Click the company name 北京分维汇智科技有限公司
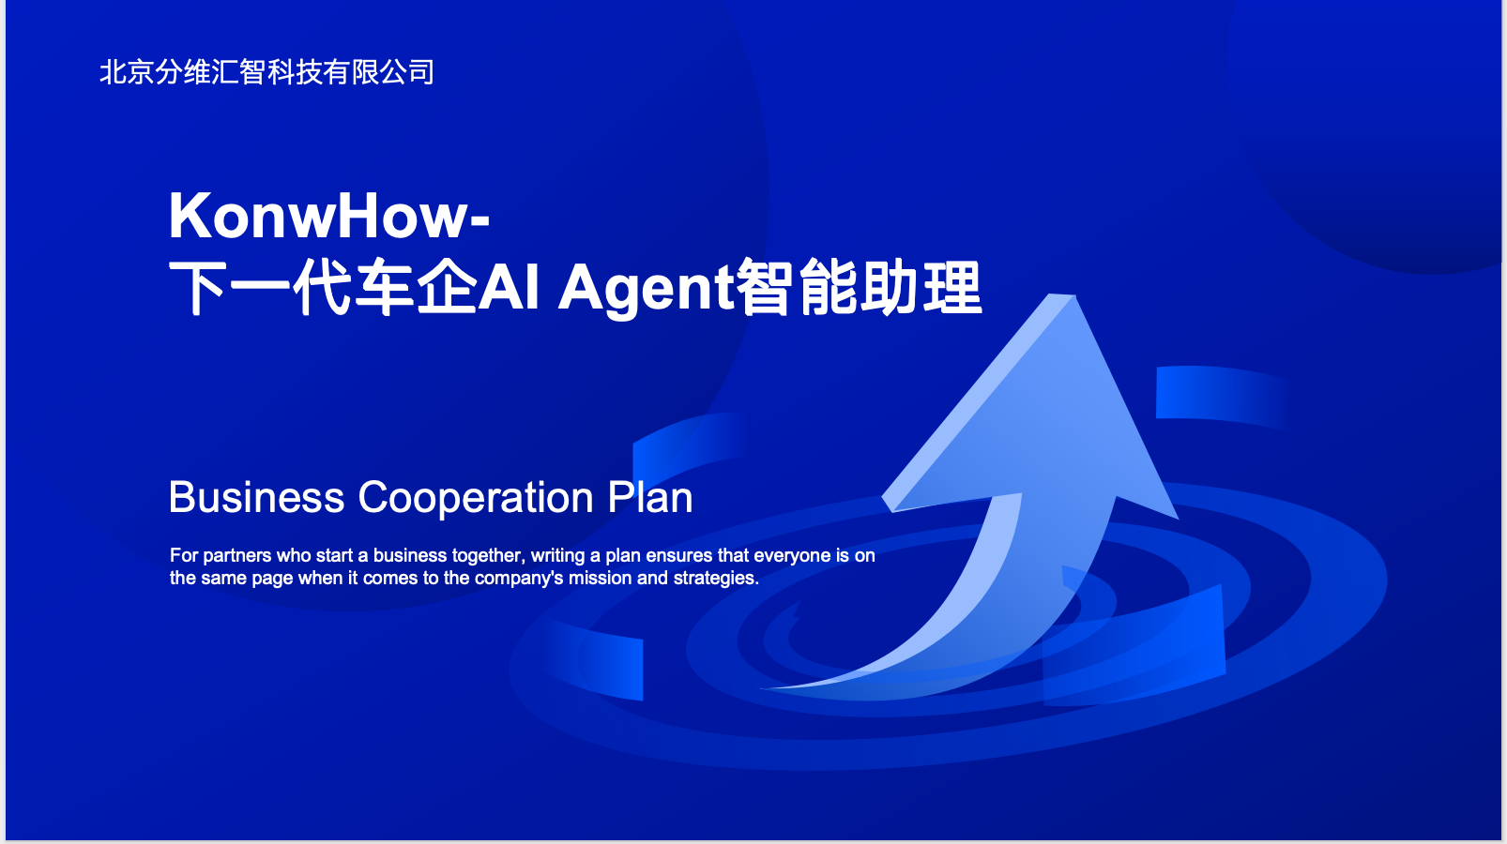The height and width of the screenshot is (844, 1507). (x=266, y=72)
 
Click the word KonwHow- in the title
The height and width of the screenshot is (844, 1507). (x=329, y=216)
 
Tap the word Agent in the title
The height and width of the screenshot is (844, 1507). (x=647, y=288)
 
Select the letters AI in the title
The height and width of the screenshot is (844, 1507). (x=509, y=288)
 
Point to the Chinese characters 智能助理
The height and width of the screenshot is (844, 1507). (x=860, y=287)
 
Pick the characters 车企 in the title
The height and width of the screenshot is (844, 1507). (x=416, y=287)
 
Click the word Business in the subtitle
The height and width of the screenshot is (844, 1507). (x=256, y=498)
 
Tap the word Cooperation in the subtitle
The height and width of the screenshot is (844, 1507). (x=476, y=499)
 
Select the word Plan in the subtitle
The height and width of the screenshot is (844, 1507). (x=650, y=498)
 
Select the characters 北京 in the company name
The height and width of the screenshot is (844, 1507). (x=127, y=72)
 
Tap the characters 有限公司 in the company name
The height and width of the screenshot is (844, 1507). (x=379, y=72)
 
